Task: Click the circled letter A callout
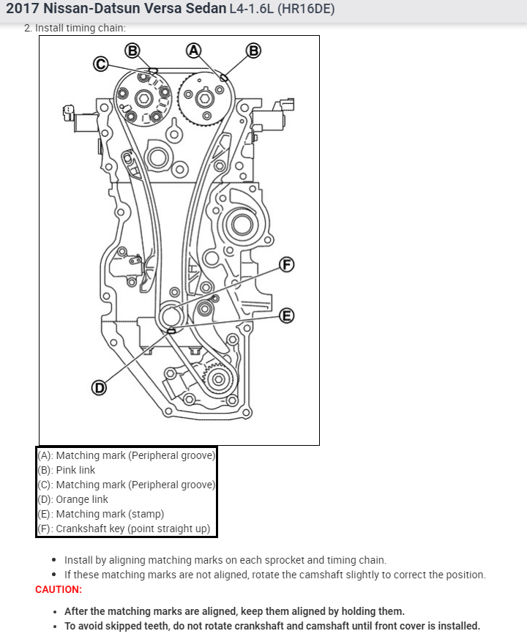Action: tap(193, 50)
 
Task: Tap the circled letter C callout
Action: tap(101, 64)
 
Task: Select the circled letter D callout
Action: tap(98, 387)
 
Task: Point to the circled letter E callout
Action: tap(287, 316)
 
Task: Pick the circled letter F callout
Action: tap(287, 264)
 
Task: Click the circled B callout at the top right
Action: tap(253, 50)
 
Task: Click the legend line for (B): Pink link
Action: tap(67, 470)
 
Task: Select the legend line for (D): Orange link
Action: tap(72, 499)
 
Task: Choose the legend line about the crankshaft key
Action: tap(124, 529)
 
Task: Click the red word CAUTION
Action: tap(59, 589)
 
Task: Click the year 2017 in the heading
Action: tap(24, 10)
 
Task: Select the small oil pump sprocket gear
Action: tap(217, 378)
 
